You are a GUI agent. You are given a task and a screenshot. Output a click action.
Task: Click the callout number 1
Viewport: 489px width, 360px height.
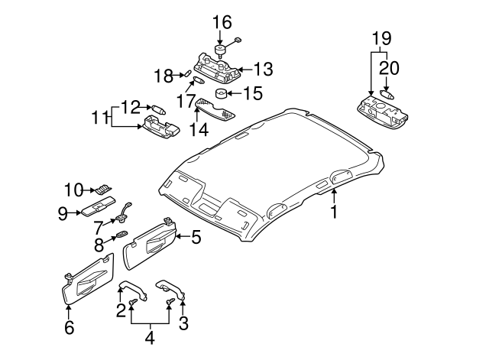pyautogui.click(x=334, y=212)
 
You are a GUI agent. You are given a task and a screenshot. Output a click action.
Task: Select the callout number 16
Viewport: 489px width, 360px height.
pyautogui.click(x=222, y=21)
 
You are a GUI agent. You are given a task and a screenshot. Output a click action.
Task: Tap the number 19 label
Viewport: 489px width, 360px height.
pyautogui.click(x=381, y=37)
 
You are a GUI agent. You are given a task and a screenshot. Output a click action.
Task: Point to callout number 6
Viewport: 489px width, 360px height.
pyautogui.click(x=68, y=327)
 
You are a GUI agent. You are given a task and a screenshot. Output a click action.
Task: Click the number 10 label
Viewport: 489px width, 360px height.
pyautogui.click(x=72, y=189)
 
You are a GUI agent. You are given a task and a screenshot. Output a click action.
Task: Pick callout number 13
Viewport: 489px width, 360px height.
pyautogui.click(x=262, y=70)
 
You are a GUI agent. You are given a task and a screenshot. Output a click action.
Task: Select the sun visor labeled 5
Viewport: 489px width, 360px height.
pyautogui.click(x=150, y=242)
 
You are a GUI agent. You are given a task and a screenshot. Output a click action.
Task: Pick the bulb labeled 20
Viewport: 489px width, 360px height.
pyautogui.click(x=386, y=96)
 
